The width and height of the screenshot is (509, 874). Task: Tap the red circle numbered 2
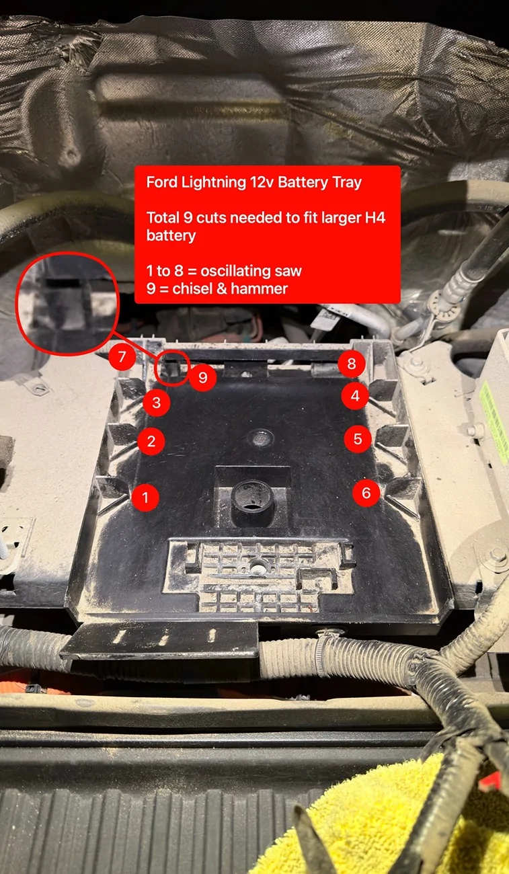(151, 441)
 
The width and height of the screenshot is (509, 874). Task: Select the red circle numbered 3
(156, 403)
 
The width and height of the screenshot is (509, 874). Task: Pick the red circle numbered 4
(355, 396)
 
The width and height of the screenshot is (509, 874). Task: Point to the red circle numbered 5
(358, 439)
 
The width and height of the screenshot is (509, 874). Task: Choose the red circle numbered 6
(366, 493)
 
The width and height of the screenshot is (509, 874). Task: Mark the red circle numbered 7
(122, 357)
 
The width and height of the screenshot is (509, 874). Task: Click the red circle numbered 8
(352, 364)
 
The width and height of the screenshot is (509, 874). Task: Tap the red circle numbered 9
(202, 378)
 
